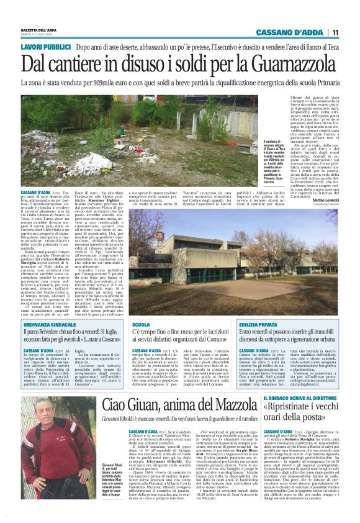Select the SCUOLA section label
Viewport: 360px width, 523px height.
point(141,325)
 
